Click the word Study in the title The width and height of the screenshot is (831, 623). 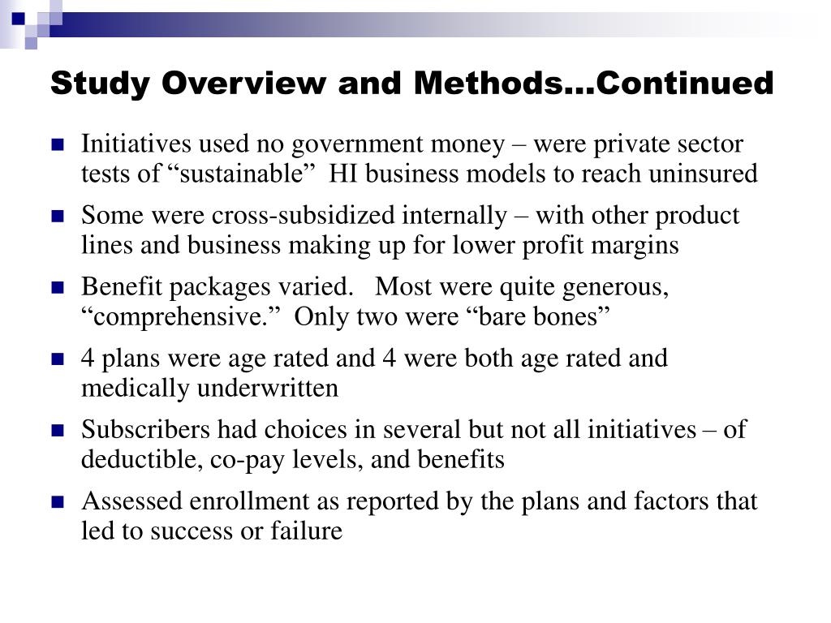point(97,84)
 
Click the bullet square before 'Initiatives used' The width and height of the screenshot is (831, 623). point(58,146)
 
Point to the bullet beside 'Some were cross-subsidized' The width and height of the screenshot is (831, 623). point(58,217)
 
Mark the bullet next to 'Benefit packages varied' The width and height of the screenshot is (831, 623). point(58,289)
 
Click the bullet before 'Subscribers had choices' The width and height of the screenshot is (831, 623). point(58,431)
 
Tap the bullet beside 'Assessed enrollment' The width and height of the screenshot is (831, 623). point(58,502)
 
